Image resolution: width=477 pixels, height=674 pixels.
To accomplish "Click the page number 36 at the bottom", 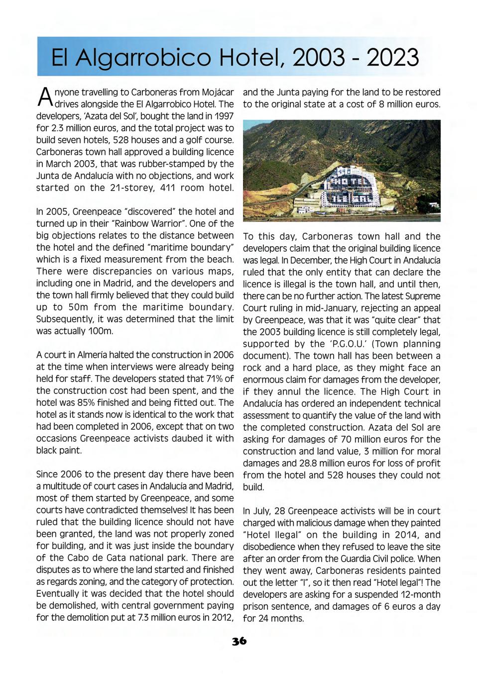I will click(x=239, y=641).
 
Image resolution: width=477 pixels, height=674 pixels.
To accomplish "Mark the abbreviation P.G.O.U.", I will click(x=347, y=344).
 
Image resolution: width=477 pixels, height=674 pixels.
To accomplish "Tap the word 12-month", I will click(x=420, y=594).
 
